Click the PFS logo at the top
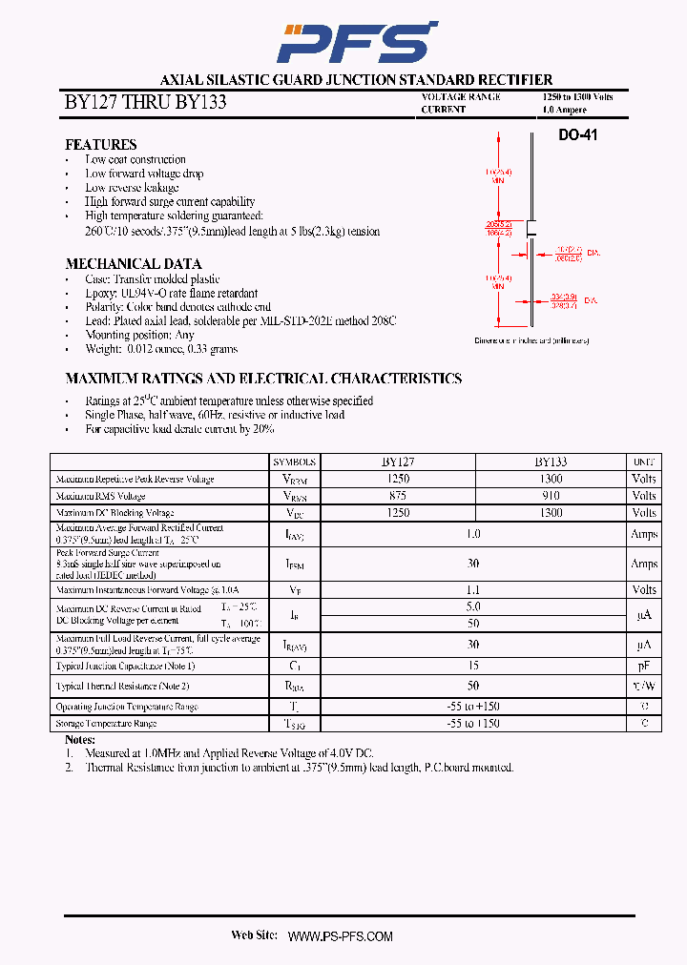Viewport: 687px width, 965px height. point(356,43)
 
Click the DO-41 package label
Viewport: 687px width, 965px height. point(577,135)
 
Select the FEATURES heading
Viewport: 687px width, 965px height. point(100,145)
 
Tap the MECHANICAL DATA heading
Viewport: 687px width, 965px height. point(133,264)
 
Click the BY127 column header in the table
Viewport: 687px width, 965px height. point(398,461)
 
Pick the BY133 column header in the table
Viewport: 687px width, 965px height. point(551,461)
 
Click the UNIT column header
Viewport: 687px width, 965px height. point(644,461)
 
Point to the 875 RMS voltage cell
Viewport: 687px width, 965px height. point(398,496)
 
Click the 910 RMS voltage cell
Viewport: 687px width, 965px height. point(551,496)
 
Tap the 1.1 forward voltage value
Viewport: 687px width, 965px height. point(473,590)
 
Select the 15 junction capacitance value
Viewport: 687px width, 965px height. point(473,665)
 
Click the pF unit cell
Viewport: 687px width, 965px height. point(644,665)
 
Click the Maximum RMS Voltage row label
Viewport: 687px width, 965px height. point(100,497)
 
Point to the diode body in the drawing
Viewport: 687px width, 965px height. point(531,228)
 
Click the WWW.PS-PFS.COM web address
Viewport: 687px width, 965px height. point(340,936)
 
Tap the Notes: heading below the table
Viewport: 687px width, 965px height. point(80,740)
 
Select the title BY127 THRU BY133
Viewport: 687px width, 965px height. point(145,102)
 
